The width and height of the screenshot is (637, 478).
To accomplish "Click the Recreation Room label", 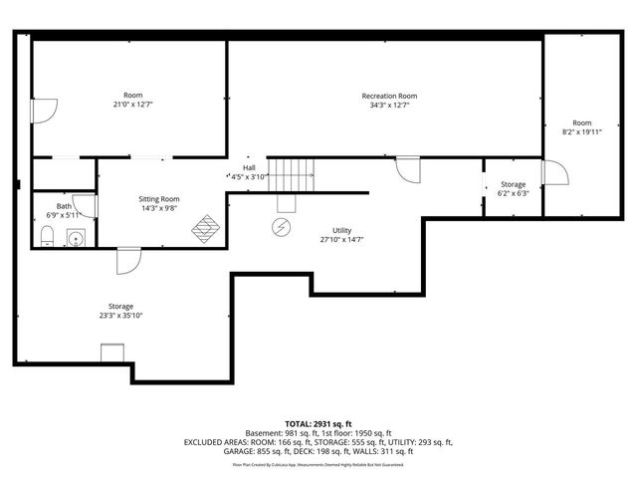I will (389, 96).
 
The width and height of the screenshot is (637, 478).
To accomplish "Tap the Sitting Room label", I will (159, 199).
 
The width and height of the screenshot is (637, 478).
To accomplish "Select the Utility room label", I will (341, 230).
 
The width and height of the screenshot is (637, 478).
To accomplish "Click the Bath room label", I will (64, 206).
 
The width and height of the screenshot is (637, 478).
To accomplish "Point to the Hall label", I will (249, 167).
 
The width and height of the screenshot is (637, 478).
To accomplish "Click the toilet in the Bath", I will (48, 235).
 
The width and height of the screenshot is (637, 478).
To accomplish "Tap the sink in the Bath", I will (75, 237).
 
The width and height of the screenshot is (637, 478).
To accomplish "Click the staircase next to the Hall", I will (294, 175).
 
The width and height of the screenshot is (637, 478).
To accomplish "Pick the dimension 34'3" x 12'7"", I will (389, 105).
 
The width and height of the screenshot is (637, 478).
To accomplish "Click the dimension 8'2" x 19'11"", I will (582, 131).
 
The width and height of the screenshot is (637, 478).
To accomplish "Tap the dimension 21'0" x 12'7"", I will (132, 105).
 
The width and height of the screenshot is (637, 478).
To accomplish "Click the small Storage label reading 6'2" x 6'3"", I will (513, 189).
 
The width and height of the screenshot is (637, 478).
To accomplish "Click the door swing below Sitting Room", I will (127, 260).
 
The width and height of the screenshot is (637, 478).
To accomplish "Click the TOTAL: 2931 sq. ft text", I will (318, 423).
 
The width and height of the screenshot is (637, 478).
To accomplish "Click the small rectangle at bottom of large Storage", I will (111, 353).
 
